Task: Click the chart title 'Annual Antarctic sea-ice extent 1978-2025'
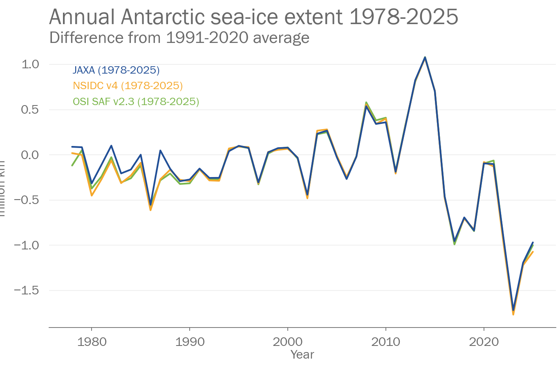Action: tap(253, 17)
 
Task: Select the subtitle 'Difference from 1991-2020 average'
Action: tap(179, 38)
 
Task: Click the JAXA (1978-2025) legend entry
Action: tap(116, 70)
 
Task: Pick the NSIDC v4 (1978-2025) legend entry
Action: tap(128, 85)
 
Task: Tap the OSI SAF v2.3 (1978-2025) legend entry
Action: tap(136, 101)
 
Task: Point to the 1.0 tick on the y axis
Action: tap(30, 64)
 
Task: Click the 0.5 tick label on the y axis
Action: tap(30, 110)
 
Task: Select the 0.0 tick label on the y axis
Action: tap(30, 155)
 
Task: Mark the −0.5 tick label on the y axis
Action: tap(27, 200)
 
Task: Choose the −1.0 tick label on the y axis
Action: tap(27, 245)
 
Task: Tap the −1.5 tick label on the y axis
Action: tap(27, 290)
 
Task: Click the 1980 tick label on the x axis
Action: tap(92, 342)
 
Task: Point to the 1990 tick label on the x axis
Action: tap(190, 342)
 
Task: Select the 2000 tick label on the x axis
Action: tap(288, 342)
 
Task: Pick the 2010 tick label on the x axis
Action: tap(386, 342)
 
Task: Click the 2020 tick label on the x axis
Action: tap(484, 342)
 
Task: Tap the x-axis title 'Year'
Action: tap(302, 355)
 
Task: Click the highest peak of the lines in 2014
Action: tap(425, 57)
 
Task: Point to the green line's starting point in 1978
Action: tap(72, 165)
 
